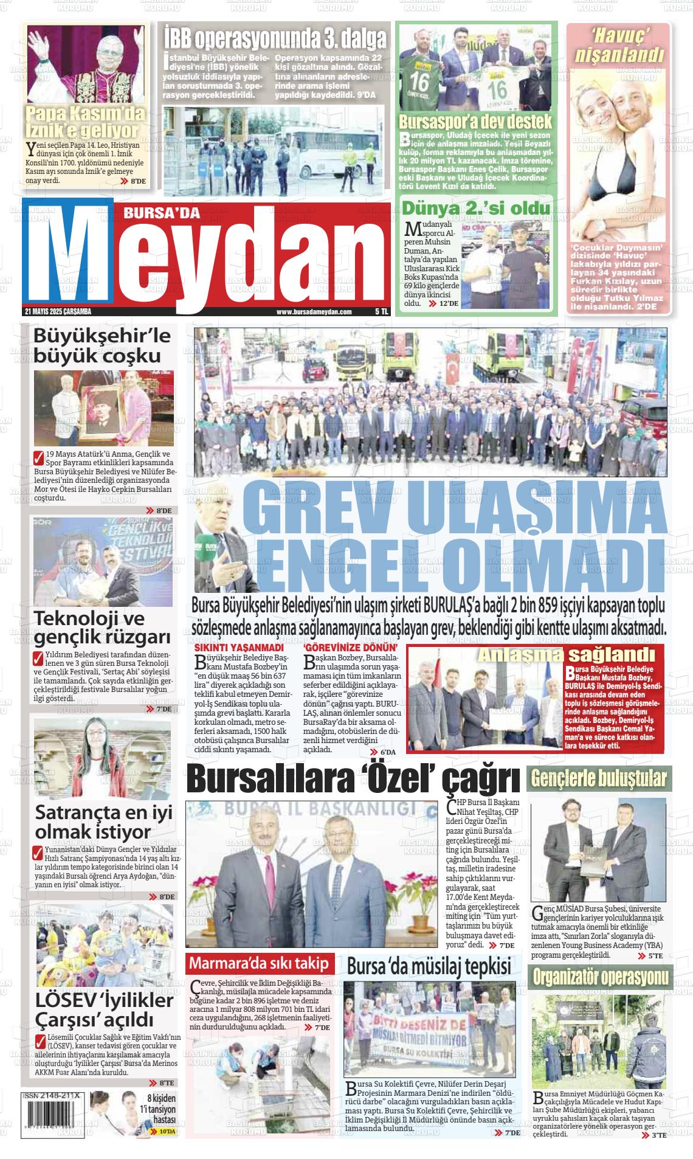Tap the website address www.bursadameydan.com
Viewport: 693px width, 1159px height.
tap(314, 311)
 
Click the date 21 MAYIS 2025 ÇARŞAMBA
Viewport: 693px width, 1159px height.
tap(57, 311)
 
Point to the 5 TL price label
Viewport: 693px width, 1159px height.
tap(381, 311)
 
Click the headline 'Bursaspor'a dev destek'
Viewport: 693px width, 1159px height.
tap(475, 120)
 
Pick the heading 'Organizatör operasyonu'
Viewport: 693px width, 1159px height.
tap(601, 977)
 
